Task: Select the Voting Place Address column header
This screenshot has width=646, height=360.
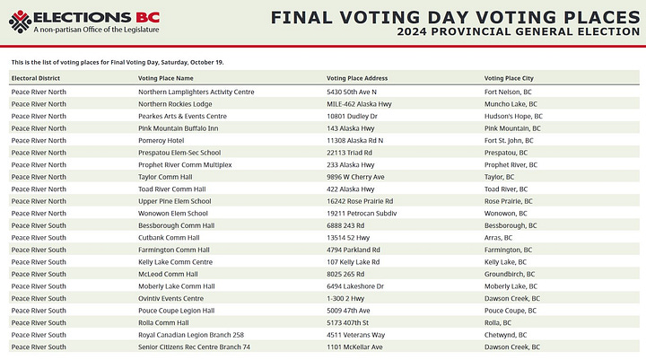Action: pyautogui.click(x=357, y=79)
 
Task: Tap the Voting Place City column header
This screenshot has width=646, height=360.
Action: pyautogui.click(x=511, y=79)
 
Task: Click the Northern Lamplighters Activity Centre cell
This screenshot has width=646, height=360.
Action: pyautogui.click(x=196, y=92)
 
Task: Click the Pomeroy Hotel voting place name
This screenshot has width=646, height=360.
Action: pyautogui.click(x=161, y=140)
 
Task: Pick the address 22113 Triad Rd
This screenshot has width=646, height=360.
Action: pyautogui.click(x=353, y=153)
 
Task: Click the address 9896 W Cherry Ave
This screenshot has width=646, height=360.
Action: pyautogui.click(x=355, y=177)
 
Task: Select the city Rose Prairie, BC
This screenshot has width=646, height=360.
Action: pyautogui.click(x=509, y=201)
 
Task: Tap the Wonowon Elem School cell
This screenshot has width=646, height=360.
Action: pyautogui.click(x=174, y=214)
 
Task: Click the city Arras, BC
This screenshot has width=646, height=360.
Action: pyautogui.click(x=498, y=237)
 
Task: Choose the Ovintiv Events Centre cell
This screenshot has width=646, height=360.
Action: pyautogui.click(x=170, y=298)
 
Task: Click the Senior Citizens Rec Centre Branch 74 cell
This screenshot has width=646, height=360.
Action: pyautogui.click(x=194, y=347)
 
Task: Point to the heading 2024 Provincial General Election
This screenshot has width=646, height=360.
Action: pyautogui.click(x=518, y=32)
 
